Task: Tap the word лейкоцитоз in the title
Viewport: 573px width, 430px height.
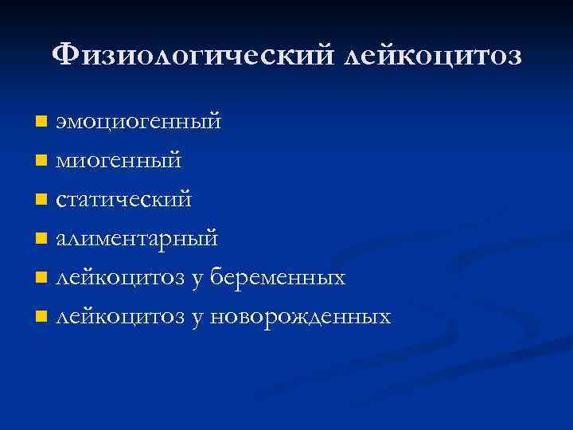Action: coord(435,56)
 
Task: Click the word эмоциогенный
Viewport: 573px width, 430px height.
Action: coord(137,122)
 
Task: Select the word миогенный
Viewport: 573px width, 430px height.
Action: coord(118,161)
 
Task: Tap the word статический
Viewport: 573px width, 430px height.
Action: coord(123,200)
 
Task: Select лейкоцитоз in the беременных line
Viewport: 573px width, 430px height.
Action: coord(119,278)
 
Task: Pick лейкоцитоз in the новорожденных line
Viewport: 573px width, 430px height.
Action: coord(119,317)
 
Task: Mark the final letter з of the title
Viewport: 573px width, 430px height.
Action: coord(514,57)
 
